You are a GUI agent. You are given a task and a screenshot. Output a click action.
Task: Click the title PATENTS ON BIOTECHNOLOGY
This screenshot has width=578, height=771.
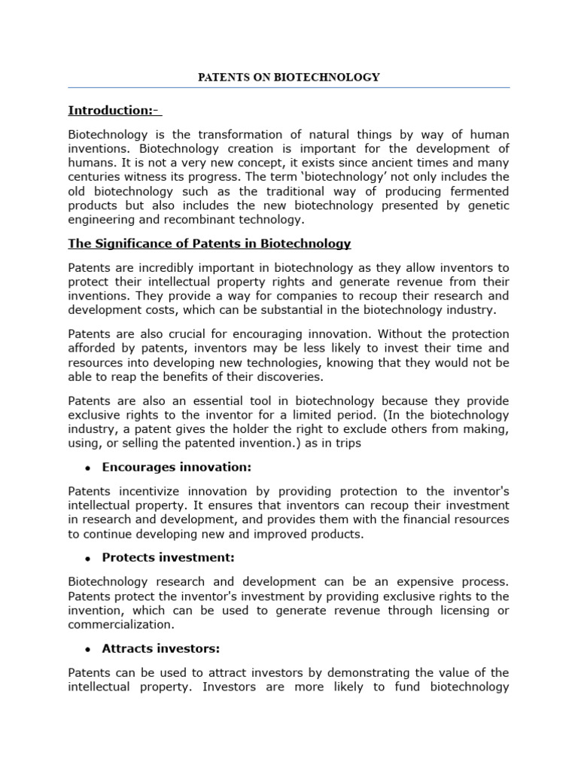[288, 77]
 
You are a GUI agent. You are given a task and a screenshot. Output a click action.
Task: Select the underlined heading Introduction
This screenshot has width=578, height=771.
[114, 111]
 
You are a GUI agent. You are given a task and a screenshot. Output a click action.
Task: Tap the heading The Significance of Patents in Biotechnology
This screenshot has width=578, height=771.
[209, 243]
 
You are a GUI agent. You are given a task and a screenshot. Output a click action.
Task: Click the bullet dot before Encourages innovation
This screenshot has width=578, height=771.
[88, 468]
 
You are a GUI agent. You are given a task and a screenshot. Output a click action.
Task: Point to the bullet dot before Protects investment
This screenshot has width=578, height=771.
[88, 558]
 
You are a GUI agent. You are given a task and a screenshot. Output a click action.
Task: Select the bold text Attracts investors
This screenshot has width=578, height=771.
[160, 648]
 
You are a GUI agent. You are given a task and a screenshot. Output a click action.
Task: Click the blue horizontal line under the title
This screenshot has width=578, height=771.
[288, 88]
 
